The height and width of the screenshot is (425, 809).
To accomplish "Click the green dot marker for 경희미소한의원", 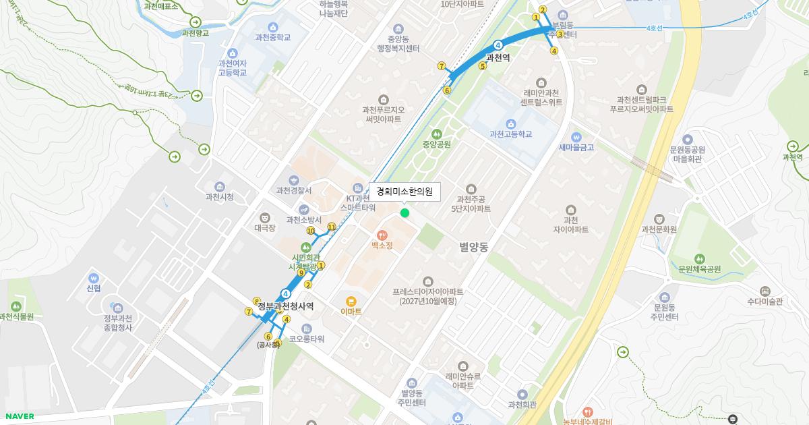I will click(404, 213).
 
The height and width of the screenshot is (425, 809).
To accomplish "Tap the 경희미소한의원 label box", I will click(404, 192).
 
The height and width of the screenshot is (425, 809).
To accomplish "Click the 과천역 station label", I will click(498, 58).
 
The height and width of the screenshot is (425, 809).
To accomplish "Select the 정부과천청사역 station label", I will click(286, 306).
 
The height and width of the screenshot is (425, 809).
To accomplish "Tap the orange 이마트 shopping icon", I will click(351, 302).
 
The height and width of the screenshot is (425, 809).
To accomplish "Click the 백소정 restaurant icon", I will click(382, 235).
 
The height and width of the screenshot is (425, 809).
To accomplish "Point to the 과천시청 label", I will click(219, 197).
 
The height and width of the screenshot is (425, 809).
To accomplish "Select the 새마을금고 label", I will click(576, 148).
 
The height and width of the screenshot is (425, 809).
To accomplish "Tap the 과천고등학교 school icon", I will click(510, 123).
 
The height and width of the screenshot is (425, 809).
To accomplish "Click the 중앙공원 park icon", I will click(436, 134).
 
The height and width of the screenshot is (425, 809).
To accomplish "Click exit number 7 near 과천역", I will click(442, 66).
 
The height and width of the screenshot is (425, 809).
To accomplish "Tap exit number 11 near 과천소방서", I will click(331, 227).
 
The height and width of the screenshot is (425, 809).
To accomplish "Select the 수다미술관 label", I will click(765, 302).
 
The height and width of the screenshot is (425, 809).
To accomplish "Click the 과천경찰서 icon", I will click(293, 180).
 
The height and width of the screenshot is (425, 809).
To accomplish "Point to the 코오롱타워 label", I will click(307, 339).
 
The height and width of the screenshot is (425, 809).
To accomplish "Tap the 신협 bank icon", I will click(93, 278).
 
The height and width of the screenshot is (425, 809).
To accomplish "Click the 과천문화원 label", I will click(659, 229).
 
